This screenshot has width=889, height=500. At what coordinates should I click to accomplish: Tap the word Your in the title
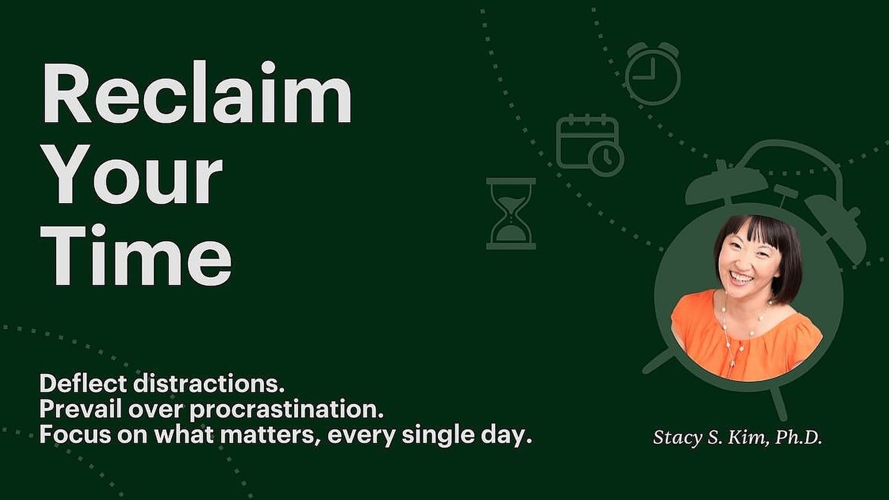131,175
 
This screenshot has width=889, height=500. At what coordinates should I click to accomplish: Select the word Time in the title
136,255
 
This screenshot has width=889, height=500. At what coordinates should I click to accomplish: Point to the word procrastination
286,410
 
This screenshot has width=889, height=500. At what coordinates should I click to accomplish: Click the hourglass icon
511,214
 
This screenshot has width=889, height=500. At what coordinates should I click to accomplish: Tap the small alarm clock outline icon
652,73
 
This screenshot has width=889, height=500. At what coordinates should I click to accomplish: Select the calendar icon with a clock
590,145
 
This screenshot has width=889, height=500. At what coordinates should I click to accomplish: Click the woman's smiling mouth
742,278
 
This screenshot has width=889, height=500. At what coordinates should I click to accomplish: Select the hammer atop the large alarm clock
785,194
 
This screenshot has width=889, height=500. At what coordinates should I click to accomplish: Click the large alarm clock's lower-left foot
659,362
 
